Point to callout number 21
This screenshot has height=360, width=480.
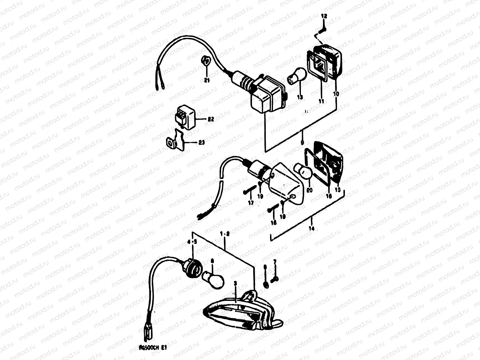[x=207, y=80]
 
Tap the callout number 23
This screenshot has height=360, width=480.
[x=202, y=142]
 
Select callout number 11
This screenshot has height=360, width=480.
[x=321, y=101]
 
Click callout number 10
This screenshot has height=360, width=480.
[x=336, y=94]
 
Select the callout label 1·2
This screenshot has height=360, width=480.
[x=224, y=234]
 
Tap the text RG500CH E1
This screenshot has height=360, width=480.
[x=153, y=348]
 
